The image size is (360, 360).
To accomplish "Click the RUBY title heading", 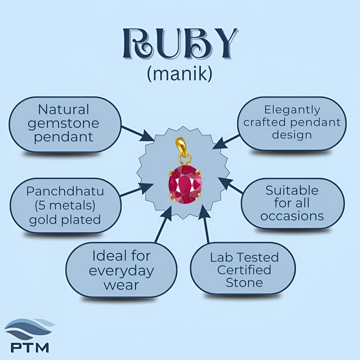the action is point(180,44).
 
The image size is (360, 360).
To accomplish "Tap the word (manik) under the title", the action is point(180,74).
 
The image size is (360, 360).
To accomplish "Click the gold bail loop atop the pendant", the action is point(180,145).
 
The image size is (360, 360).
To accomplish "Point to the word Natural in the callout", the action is point(63,109).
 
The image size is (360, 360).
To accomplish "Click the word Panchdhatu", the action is point(65,191).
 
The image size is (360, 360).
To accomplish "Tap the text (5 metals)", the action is point(65,205).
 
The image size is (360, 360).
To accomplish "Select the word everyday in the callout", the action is point(121,271).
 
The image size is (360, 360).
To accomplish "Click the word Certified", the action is point(244,270).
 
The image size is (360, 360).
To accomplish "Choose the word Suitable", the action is point(292,190).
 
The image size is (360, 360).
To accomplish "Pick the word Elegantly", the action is point(292,110).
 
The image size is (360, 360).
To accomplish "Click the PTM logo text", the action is point(30,347).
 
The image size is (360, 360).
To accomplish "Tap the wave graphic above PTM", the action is point(29,329).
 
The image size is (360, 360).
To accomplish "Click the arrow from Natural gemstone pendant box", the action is point(138,134).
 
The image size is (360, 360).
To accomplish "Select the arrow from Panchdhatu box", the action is point(137,190).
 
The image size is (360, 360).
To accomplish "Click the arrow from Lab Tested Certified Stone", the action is point(205,224).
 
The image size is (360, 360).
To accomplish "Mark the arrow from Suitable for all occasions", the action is point(230,185).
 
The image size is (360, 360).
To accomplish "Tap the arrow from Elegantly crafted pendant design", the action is point(226,142).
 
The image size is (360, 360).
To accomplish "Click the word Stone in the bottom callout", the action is point(244,283).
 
